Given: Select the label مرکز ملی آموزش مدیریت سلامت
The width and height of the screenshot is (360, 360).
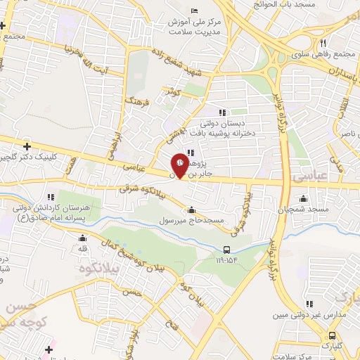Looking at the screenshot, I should point(194,26).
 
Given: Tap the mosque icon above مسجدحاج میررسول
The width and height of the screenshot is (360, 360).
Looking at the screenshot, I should point(192,209).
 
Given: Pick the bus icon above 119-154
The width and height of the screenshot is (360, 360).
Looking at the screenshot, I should point(226,250).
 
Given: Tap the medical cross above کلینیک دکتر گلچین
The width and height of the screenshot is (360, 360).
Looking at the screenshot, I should point(27,146).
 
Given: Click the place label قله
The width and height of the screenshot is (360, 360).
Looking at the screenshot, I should point(82,247).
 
